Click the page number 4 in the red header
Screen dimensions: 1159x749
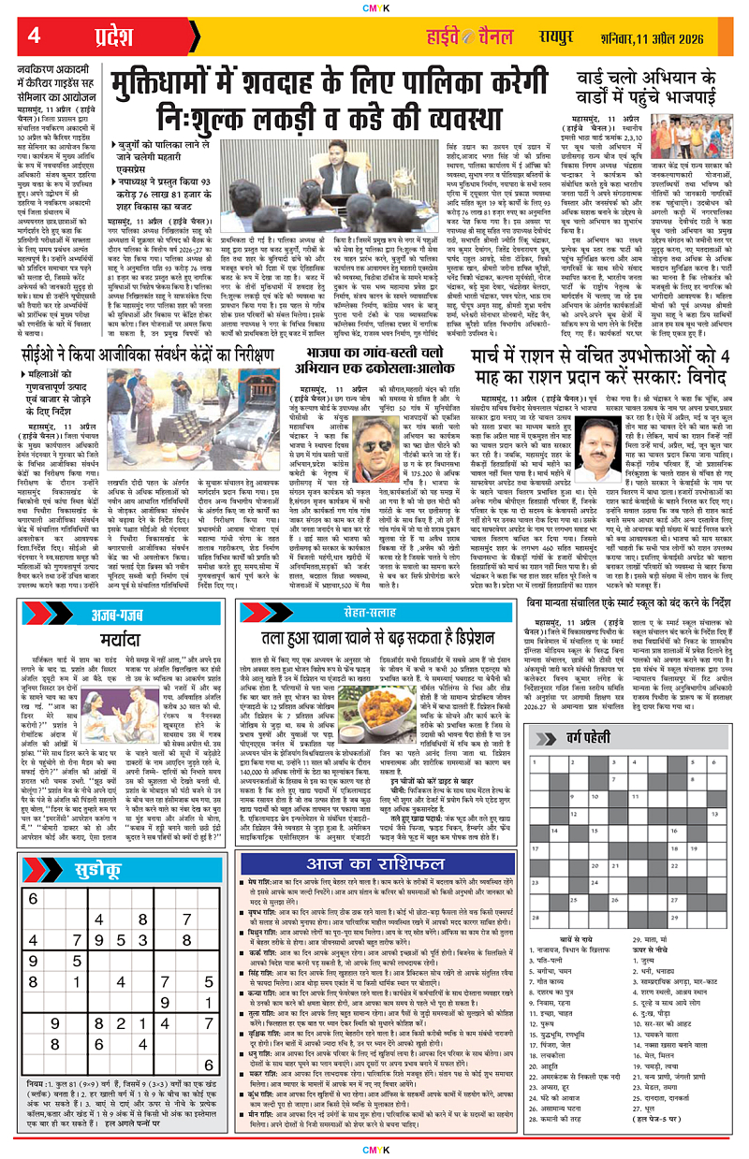click(34, 37)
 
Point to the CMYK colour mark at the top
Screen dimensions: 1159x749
click(374, 7)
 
